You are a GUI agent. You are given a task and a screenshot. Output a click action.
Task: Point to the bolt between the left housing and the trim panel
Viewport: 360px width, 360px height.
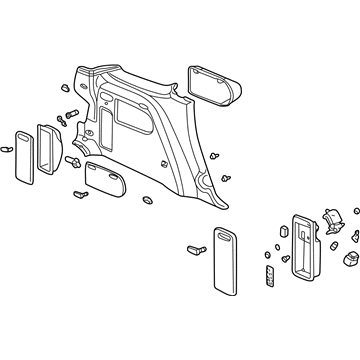(x=75, y=161)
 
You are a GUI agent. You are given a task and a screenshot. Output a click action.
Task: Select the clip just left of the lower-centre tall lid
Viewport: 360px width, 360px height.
(x=196, y=249)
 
